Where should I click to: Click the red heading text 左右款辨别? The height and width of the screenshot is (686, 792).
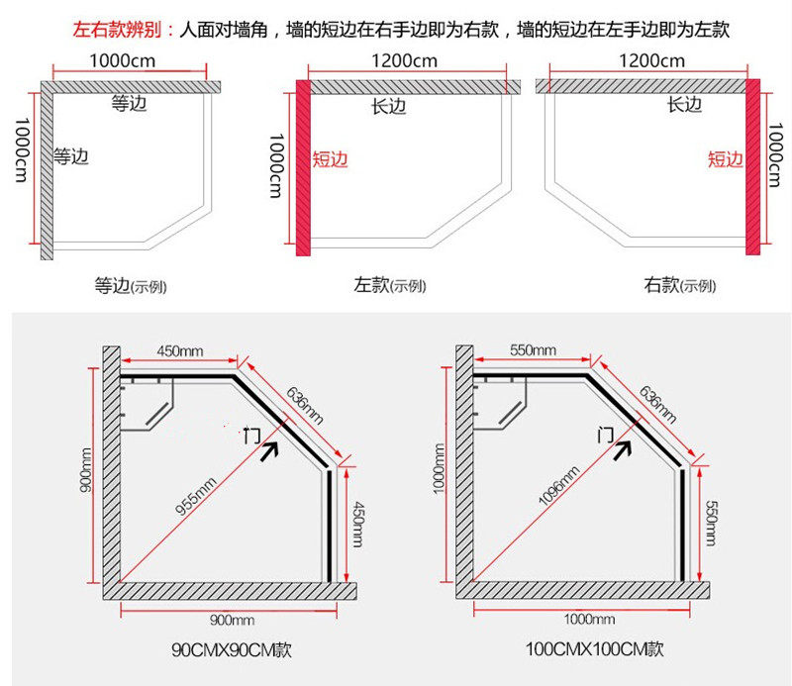click(117, 30)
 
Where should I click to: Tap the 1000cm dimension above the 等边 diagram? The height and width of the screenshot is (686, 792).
click(122, 61)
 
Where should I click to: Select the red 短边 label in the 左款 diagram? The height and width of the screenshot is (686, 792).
click(331, 159)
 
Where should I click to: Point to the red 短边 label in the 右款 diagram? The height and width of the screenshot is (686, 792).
click(726, 159)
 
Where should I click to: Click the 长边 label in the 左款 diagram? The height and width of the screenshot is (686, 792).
click(388, 106)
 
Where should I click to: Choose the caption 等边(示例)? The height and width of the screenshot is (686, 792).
click(131, 286)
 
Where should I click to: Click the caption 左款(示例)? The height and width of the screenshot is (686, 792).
click(389, 285)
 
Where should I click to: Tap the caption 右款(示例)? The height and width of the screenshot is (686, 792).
click(679, 285)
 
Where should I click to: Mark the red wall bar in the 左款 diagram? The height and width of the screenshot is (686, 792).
click(303, 167)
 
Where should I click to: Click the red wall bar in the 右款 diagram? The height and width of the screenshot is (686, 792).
click(752, 166)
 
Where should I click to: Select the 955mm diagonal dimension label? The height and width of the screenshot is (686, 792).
click(196, 496)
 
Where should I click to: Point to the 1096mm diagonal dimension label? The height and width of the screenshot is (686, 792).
click(558, 486)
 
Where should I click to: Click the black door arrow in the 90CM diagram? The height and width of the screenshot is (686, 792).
click(269, 450)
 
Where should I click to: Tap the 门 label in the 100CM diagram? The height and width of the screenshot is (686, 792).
click(606, 435)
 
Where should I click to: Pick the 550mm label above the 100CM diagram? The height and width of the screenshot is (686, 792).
click(533, 350)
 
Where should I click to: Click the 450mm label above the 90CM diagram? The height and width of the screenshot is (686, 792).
click(180, 350)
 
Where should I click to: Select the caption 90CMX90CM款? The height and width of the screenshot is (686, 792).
click(232, 649)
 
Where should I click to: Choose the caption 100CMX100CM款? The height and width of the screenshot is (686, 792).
click(595, 648)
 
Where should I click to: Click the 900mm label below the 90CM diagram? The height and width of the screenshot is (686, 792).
click(232, 620)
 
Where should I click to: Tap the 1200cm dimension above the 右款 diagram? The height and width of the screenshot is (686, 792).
click(652, 61)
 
